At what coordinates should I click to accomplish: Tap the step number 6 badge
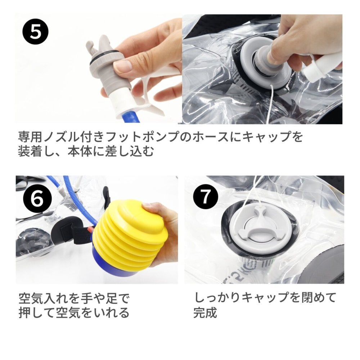coord(37,199)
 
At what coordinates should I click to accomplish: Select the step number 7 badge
coord(205,197)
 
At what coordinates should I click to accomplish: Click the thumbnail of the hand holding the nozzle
coord(123,67)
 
